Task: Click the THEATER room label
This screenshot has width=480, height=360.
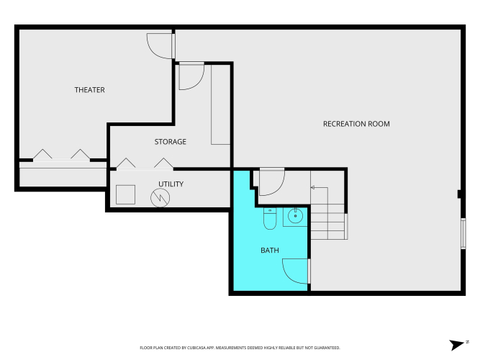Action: click(x=90, y=90)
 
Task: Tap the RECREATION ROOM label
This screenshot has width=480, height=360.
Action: click(x=356, y=124)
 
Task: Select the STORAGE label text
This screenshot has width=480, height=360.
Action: click(x=171, y=142)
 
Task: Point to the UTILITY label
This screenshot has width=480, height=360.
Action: click(x=171, y=184)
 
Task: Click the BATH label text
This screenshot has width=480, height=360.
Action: click(x=270, y=251)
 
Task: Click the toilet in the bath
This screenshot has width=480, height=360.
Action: click(x=270, y=218)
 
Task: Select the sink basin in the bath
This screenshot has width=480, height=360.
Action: click(x=295, y=216)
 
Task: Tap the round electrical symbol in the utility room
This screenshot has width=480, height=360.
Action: click(x=160, y=197)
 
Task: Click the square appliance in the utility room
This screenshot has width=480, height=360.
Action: click(x=125, y=194)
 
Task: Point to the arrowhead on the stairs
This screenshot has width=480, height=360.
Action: click(x=312, y=187)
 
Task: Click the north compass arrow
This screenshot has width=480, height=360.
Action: click(x=457, y=345)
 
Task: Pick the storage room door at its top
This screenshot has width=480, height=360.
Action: click(x=191, y=76)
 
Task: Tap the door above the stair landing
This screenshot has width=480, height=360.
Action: click(x=272, y=182)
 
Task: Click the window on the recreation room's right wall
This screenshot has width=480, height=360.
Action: click(x=463, y=233)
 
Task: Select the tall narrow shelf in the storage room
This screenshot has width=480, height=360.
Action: click(x=221, y=104)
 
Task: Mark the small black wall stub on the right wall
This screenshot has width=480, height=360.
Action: click(x=459, y=194)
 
